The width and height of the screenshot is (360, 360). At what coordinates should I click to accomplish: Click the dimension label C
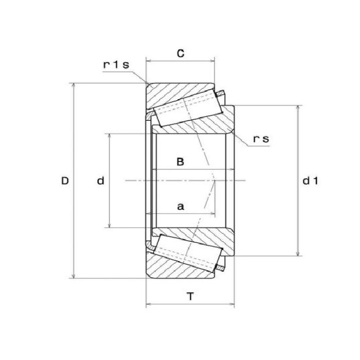[x=181, y=53]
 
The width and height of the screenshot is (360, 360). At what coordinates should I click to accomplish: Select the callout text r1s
[x=116, y=65]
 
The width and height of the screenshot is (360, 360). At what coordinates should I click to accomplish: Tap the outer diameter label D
[x=65, y=181]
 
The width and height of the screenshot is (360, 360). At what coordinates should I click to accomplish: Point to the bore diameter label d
[x=101, y=181]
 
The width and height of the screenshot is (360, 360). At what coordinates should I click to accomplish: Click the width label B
[x=181, y=162]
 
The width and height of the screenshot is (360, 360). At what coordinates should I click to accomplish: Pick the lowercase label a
[x=181, y=206]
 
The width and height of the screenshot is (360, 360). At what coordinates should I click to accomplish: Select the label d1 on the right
[x=310, y=181]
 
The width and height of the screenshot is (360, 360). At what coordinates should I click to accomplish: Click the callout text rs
[x=262, y=139]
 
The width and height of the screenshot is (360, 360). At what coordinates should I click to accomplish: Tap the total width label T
[x=191, y=296]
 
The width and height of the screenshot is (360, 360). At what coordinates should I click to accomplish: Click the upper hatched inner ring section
[x=211, y=126]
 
